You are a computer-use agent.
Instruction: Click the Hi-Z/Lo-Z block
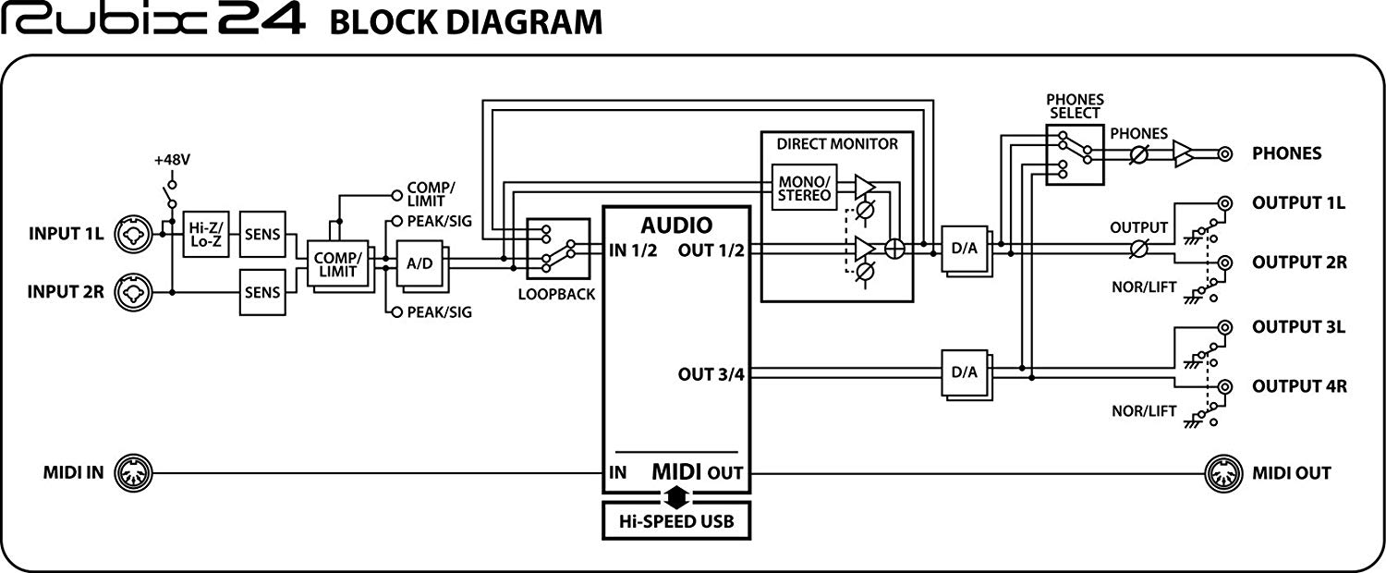(x=206, y=234)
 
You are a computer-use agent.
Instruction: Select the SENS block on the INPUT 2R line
(x=262, y=292)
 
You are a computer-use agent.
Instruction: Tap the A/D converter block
(x=419, y=263)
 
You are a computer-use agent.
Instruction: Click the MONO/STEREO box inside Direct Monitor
(x=805, y=188)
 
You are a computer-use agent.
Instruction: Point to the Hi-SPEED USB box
(x=676, y=520)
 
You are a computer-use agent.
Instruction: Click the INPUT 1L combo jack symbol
(x=134, y=234)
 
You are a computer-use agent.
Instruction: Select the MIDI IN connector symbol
(x=134, y=473)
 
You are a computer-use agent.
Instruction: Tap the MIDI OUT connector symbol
(x=1224, y=473)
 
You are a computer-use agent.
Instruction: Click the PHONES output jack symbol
(x=1224, y=154)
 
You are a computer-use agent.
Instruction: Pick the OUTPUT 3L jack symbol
(x=1224, y=327)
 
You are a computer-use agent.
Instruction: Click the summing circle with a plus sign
(x=894, y=249)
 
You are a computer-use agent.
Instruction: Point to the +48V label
(x=172, y=160)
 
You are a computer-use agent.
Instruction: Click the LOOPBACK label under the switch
(x=556, y=295)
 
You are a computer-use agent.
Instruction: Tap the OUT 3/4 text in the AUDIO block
(x=711, y=374)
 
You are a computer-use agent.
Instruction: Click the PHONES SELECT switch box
(x=1075, y=154)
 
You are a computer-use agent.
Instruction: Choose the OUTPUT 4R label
(x=1299, y=386)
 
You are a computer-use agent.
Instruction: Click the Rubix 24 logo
(x=152, y=20)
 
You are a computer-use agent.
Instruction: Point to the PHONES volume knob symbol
(x=1138, y=154)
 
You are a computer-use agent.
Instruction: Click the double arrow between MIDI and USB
(x=676, y=496)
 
